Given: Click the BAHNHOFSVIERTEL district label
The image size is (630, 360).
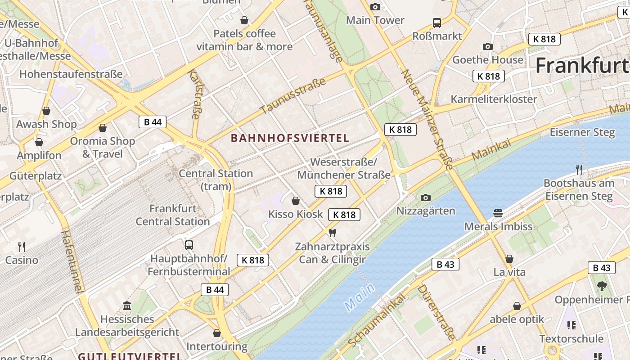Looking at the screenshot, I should click(290, 138).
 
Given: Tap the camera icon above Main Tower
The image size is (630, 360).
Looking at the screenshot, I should click(375, 7).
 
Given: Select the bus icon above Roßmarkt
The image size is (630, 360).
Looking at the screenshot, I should click(436, 22).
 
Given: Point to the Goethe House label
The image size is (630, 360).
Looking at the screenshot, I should click(488, 60).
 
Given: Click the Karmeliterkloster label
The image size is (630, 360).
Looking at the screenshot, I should click(494, 99).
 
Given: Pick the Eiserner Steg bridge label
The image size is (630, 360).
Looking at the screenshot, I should click(582, 132).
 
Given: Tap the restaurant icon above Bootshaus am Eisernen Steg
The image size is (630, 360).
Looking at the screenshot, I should click(579, 170).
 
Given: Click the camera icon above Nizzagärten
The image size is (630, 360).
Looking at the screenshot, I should click(425, 198).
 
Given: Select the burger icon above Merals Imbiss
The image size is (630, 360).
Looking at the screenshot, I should click(498, 213).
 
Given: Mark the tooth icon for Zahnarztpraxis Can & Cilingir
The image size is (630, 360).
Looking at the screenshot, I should click(333, 233).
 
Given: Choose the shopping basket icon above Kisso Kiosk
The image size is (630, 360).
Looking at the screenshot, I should click(296, 201).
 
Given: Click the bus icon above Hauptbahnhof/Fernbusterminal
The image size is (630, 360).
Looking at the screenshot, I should click(189, 245).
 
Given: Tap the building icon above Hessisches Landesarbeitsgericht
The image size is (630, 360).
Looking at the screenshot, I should click(127, 306).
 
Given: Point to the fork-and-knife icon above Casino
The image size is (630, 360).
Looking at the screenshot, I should click(21, 247).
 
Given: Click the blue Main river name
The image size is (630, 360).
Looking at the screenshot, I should click(360, 297).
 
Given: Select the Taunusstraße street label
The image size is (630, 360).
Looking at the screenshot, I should click(292, 96).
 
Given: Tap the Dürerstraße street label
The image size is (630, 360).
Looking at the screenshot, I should click(436, 313).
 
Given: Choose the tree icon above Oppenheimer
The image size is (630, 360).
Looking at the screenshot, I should click(602, 286).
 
